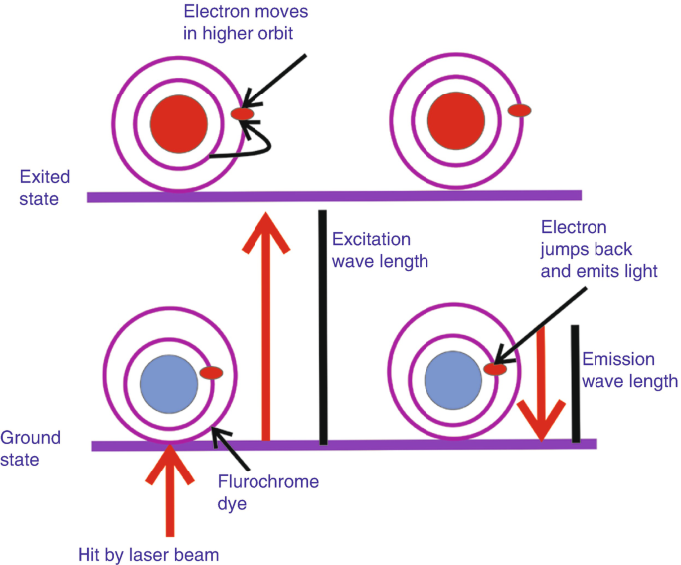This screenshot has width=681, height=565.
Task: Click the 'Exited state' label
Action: (x=44, y=188)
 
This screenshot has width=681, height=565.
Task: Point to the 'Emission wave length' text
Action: (x=629, y=370)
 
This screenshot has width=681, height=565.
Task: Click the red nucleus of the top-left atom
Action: (x=179, y=121)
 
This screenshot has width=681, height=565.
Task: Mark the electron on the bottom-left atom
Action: (x=210, y=373)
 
